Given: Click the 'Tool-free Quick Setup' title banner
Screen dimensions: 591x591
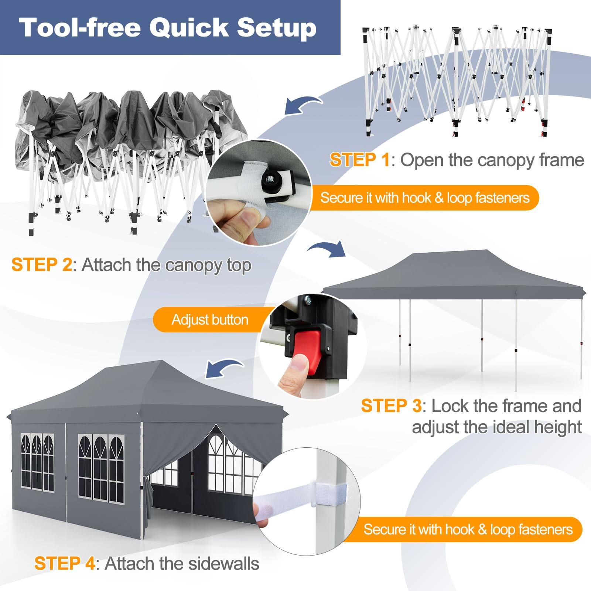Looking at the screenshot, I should click(x=170, y=28).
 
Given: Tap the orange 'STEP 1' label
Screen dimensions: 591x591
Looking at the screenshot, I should click(x=359, y=160).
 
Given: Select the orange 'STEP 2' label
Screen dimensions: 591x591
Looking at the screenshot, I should click(x=41, y=265).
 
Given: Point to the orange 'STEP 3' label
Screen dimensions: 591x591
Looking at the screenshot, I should click(x=391, y=406).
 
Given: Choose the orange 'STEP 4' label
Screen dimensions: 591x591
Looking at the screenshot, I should click(x=64, y=564).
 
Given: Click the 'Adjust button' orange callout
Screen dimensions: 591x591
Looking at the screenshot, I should click(x=210, y=320).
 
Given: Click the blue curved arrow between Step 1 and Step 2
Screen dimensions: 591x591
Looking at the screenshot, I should click(x=303, y=106).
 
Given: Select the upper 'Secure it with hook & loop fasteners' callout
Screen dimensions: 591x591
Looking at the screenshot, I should click(x=425, y=198).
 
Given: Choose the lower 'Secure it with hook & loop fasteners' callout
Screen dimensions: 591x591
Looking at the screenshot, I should click(x=468, y=529).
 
